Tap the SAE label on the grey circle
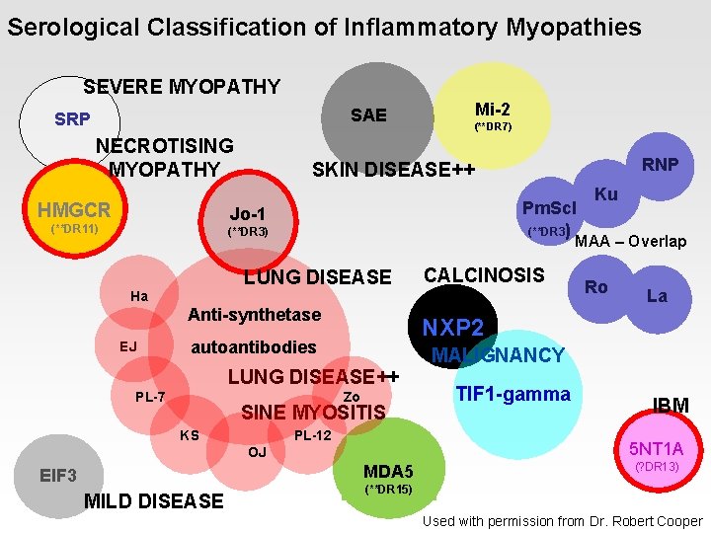(368, 115)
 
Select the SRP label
(72, 120)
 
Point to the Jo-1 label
(247, 214)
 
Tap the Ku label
(606, 194)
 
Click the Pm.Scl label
(548, 208)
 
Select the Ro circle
(596, 287)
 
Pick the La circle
(657, 295)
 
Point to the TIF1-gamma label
(513, 395)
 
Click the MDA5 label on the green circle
(388, 471)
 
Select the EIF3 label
(58, 476)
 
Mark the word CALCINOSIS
(484, 275)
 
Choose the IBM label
(671, 406)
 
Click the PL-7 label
(150, 398)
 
